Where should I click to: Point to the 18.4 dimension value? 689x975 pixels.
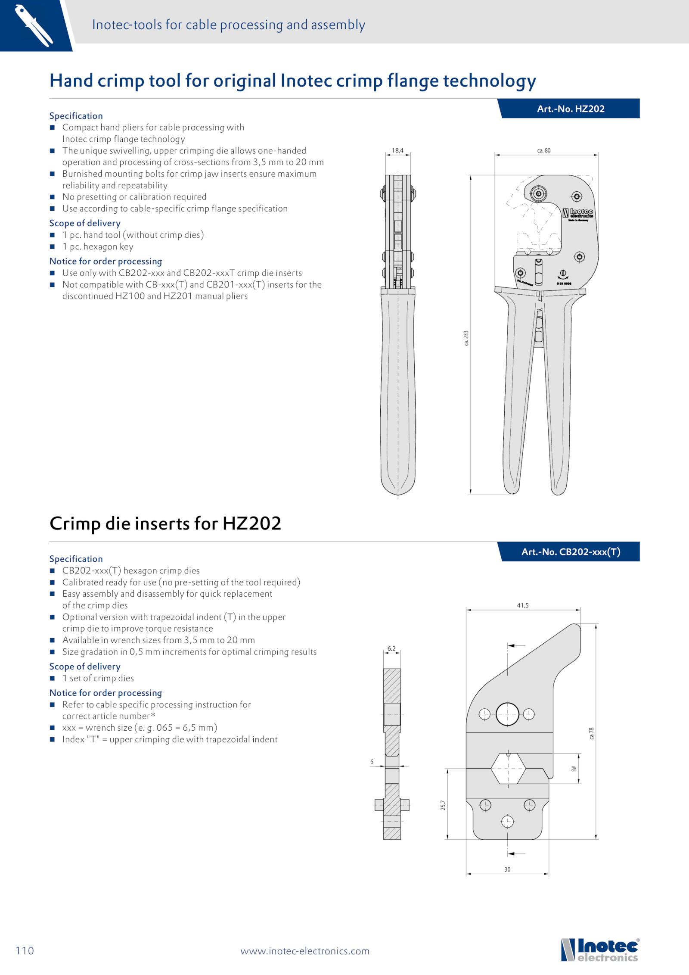click(397, 150)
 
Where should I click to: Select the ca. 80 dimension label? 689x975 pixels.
click(544, 150)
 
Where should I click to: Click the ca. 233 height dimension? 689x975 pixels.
click(466, 338)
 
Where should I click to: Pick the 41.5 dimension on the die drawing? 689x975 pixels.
click(523, 605)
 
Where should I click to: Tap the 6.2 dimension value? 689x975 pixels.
click(391, 648)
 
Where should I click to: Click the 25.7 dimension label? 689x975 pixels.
click(443, 805)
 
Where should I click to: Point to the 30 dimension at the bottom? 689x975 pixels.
click(507, 869)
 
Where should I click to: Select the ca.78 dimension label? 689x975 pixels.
click(591, 733)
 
